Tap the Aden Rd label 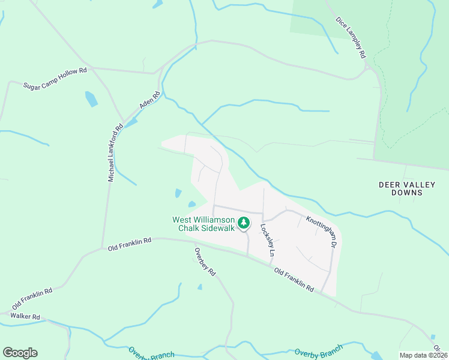pos(151,100)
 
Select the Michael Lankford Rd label pos(115,152)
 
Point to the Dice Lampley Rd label pos(351,37)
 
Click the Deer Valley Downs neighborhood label pos(407,188)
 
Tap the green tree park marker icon pos(243,223)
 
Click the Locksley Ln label pos(267,241)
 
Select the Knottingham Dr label pos(322,232)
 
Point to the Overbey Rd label pos(205,261)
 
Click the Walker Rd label pos(25,316)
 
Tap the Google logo pos(20,353)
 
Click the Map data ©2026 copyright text pos(424,355)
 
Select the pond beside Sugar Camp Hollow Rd pos(91,99)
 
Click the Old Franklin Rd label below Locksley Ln pos(294,280)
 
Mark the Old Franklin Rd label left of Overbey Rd pos(129,243)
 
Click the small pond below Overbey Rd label pos(200,287)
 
